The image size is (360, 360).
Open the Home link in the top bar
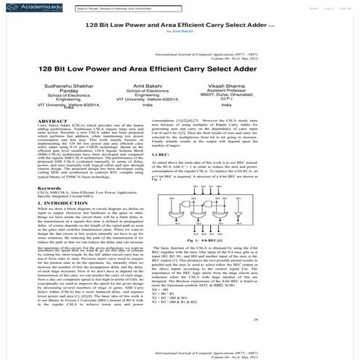(312, 8)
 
